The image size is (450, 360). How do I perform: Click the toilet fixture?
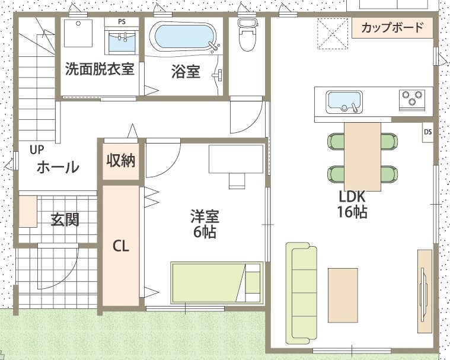(x=248, y=35)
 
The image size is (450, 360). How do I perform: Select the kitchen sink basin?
(x=344, y=101)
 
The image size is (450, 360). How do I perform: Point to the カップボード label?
(x=392, y=27)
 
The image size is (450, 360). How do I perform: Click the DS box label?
(x=427, y=132)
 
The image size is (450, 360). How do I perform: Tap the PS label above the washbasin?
(x=122, y=22)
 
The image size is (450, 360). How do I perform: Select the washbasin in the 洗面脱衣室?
(x=122, y=42)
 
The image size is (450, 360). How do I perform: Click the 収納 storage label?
(x=121, y=160)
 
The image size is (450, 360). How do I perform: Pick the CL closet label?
(x=121, y=246)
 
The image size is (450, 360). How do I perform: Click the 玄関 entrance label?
(x=65, y=219)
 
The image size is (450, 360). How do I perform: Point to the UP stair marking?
(x=37, y=149)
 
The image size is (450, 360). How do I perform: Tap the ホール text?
(x=58, y=167)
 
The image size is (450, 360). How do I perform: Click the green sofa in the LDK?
(x=301, y=293)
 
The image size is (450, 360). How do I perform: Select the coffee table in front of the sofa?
(x=343, y=295)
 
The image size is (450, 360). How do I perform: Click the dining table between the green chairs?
(x=363, y=157)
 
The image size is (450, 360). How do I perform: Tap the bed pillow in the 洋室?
(x=253, y=282)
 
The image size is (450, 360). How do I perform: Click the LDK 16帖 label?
(x=352, y=205)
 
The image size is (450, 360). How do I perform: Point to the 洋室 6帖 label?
(x=205, y=225)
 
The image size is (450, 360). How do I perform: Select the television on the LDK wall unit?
(x=424, y=291)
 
